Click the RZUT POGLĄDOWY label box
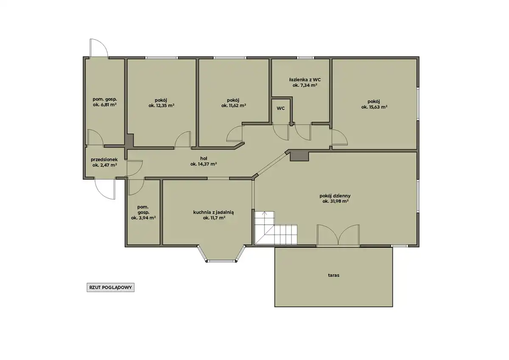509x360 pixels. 110,287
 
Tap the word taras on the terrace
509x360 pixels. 333,275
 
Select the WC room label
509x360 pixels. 281,109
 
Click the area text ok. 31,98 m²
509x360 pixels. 336,201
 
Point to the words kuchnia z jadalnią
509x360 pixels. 214,212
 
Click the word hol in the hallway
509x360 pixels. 204,158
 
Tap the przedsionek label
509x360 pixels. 104,160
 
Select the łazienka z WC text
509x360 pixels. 305,79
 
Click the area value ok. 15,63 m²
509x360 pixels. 374,107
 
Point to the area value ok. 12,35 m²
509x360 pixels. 162,106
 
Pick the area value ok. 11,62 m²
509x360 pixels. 234,106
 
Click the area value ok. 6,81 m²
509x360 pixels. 105,104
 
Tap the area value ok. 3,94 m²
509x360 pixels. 143,218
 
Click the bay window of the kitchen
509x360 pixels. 221,253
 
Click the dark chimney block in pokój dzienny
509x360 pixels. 299,157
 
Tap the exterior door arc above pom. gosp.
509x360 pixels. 99,48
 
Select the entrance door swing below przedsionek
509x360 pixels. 105,189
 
